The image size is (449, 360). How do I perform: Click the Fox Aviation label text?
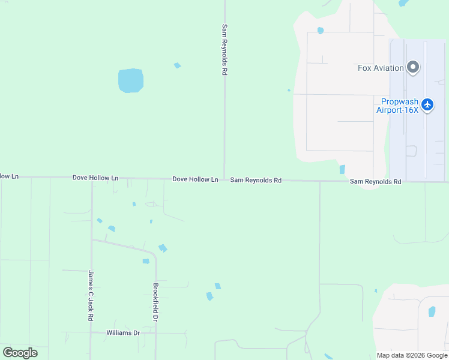pos(381,68)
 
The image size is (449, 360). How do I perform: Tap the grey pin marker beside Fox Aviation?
pos(413,67)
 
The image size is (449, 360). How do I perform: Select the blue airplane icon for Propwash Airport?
pos(427,105)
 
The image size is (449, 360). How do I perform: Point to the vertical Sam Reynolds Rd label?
pos(224,49)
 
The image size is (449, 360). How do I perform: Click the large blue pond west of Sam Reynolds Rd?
pos(130,80)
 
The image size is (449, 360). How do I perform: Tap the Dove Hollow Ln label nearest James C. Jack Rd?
pos(95,178)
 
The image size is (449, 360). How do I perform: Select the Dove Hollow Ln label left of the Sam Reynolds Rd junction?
pos(195,179)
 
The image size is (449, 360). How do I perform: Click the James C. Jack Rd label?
pos(91,295)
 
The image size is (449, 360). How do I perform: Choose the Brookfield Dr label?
pos(155,302)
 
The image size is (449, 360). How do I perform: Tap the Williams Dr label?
pos(122,332)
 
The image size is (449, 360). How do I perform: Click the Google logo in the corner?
pos(20,353)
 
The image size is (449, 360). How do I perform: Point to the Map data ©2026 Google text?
pos(411,355)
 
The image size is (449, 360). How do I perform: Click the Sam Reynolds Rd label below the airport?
pos(375,181)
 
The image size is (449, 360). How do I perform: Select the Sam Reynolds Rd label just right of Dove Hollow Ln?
pos(256,179)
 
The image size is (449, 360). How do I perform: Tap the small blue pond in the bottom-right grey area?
pos(432,311)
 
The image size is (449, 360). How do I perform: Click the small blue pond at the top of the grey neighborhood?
pos(321,31)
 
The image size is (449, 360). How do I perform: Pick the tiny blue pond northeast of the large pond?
pos(177,65)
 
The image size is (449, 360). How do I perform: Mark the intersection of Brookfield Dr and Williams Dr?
pos(155,333)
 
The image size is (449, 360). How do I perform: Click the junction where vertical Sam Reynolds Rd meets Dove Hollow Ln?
pos(224,179)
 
